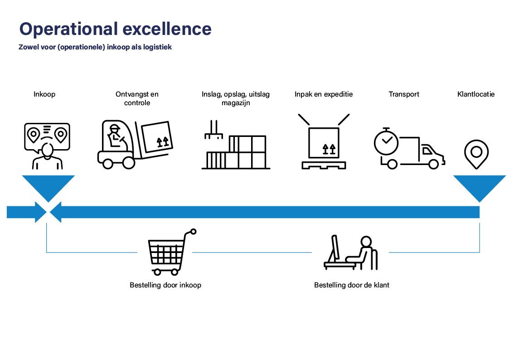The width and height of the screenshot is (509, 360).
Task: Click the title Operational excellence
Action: point(116,29)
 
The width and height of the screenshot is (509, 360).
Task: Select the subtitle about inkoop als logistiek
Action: point(95,47)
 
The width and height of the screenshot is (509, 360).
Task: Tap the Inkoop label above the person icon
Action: point(44,94)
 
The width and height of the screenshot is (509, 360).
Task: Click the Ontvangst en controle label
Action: point(137,98)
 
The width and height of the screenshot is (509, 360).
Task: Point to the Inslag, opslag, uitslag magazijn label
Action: point(236,98)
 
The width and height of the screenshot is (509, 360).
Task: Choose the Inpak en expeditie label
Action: point(324,94)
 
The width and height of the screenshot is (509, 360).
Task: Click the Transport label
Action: point(404,94)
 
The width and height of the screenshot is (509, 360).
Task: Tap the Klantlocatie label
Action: point(476,94)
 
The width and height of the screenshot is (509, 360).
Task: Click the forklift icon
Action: point(135,145)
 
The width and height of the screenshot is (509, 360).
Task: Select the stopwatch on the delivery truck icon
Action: point(386,141)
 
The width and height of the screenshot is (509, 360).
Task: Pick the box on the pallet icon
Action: point(324,142)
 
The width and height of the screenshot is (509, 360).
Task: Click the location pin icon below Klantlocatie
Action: point(476,154)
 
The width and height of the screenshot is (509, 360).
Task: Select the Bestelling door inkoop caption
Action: point(165,285)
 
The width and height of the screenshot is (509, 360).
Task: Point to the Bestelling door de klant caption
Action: point(352,285)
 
